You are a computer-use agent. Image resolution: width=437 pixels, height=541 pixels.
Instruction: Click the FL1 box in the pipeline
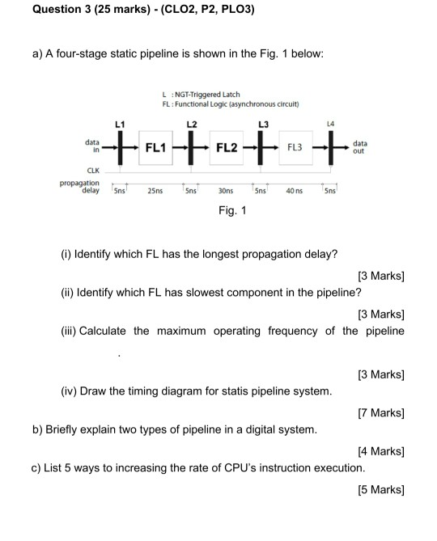[x=156, y=148]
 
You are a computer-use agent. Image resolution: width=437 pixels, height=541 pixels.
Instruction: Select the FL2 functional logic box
[x=227, y=148]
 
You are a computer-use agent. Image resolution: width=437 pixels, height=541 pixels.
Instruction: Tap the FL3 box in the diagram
[x=295, y=148]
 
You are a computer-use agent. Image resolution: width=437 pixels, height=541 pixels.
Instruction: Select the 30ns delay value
[x=226, y=192]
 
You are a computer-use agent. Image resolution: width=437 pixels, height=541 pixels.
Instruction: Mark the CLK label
[x=93, y=171]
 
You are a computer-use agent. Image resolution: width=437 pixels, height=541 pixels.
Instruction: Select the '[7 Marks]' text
[x=380, y=413]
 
